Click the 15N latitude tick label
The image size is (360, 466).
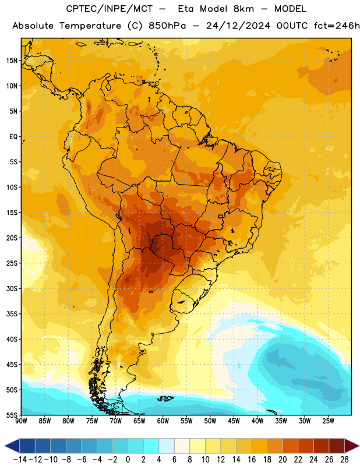click(x=12, y=61)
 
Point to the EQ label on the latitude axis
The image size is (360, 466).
click(x=13, y=137)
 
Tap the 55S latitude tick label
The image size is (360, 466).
click(x=12, y=415)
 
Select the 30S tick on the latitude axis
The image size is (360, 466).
click(x=12, y=288)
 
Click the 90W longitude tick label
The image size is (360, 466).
click(x=21, y=421)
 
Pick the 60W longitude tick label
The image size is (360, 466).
click(x=163, y=421)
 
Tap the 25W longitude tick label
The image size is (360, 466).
click(x=328, y=421)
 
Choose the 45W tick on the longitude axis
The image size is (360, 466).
click(x=234, y=421)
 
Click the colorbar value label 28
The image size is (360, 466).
click(x=344, y=460)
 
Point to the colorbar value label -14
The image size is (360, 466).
click(x=20, y=460)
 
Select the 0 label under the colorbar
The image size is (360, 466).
click(x=128, y=460)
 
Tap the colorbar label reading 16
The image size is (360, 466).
click(x=252, y=460)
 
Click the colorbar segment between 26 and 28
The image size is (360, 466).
click(x=337, y=446)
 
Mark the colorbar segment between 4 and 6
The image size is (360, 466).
click(x=167, y=446)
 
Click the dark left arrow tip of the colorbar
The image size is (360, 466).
click(x=5, y=446)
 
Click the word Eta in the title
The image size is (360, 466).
click(x=185, y=9)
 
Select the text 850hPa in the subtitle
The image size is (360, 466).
click(x=167, y=26)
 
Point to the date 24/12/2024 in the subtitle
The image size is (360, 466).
click(x=238, y=26)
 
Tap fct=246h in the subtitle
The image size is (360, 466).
click(x=337, y=26)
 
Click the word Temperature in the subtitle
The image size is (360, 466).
click(x=90, y=26)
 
